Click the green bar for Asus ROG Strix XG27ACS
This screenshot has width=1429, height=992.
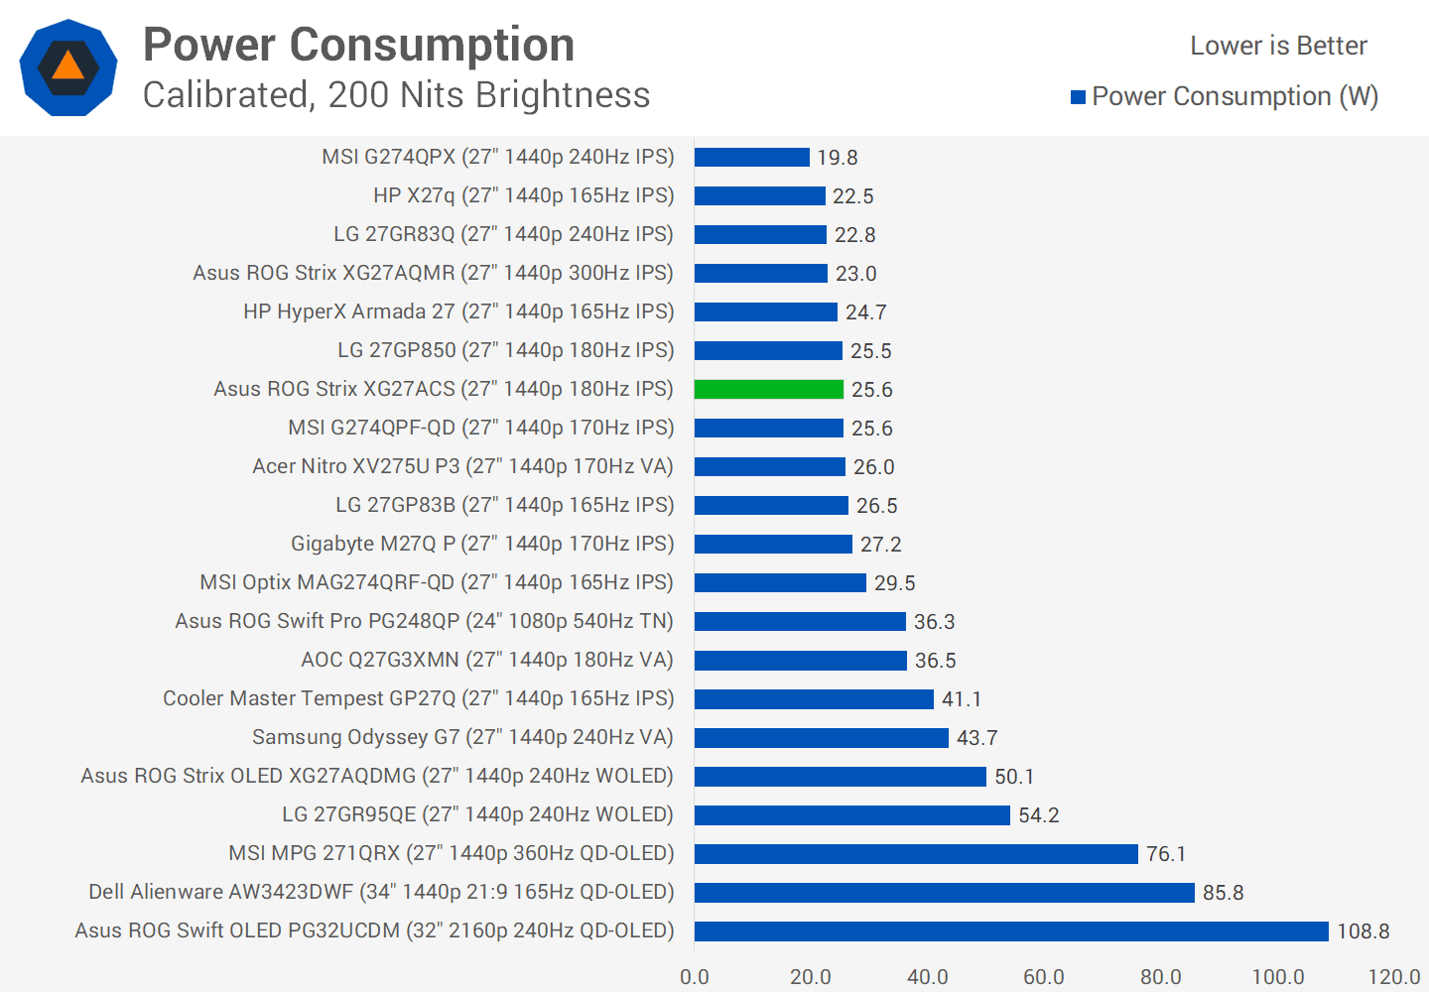point(769,389)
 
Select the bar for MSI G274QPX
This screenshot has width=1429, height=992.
point(752,157)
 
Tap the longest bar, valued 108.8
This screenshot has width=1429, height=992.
point(1011,930)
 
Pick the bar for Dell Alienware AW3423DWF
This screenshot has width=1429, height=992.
point(945,892)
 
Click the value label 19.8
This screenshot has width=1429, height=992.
point(838,158)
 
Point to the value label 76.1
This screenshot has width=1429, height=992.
point(1166,854)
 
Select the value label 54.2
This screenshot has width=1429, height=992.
point(1039,815)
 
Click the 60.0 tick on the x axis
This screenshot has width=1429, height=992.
point(1044,976)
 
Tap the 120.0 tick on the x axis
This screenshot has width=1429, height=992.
point(1393,976)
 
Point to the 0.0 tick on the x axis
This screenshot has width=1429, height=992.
point(695,976)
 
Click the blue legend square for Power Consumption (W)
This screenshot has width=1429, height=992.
point(1078,97)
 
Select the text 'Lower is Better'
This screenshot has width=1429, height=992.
point(1278,46)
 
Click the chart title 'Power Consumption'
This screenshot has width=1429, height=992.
point(359,45)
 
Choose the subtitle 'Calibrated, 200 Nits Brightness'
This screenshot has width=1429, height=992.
point(396,95)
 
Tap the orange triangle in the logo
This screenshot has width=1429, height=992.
point(67,66)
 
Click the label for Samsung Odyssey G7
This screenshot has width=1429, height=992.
point(462,737)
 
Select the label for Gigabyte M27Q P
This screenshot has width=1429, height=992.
point(482,544)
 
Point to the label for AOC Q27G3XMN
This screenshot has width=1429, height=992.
point(487,660)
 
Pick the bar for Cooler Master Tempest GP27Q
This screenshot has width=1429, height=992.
point(814,698)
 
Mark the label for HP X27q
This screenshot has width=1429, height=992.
point(523,195)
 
